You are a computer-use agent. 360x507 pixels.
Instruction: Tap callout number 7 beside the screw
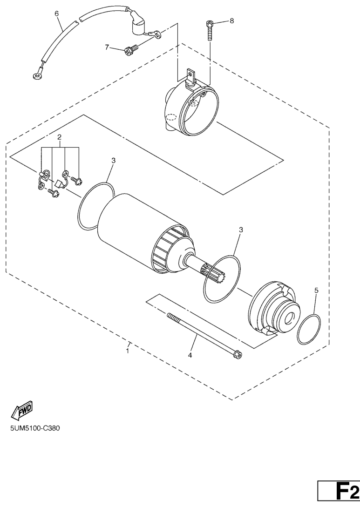(107, 47)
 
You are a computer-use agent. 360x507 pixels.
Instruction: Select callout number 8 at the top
(231, 21)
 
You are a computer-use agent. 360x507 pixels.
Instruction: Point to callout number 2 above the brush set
(60, 137)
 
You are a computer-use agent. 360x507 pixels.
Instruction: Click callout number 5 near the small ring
(316, 291)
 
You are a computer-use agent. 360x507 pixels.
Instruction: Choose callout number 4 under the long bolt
(190, 355)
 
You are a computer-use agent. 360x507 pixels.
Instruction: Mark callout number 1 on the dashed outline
(128, 351)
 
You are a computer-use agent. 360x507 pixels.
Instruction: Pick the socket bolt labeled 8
(210, 31)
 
